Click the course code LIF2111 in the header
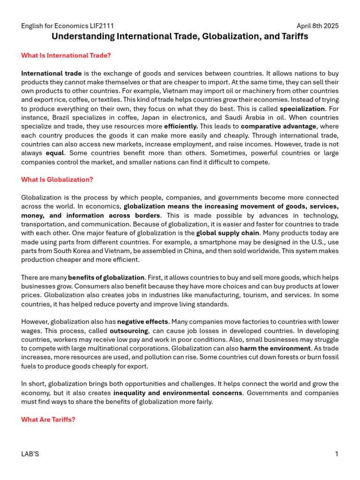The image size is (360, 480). coord(101,26)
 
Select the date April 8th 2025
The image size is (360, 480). coord(317,26)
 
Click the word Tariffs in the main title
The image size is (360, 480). coord(293,36)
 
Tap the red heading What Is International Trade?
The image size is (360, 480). coord(66,55)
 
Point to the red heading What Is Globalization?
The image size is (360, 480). coord(57,180)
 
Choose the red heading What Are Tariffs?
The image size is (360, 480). coord(48,420)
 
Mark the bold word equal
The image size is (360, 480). coord(54,153)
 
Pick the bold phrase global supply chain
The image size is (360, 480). coord(227,233)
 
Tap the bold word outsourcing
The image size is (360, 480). coord(127,331)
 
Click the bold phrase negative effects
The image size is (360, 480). coord(142,322)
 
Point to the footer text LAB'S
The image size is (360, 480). coord(30,454)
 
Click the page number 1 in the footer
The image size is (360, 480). coord(337,454)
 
